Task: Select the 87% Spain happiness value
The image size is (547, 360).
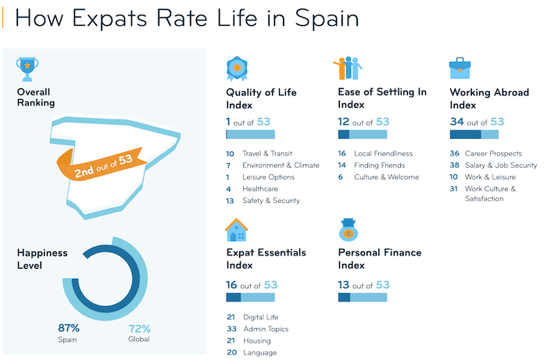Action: click(x=69, y=328)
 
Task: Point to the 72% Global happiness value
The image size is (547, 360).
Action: click(x=139, y=328)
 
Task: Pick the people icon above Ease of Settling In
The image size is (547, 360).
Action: click(x=348, y=69)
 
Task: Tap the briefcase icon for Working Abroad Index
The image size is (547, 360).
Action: click(x=460, y=69)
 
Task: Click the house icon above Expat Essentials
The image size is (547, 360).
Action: click(x=236, y=230)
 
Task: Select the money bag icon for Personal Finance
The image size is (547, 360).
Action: click(x=349, y=230)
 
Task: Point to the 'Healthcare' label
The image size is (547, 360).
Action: click(x=262, y=189)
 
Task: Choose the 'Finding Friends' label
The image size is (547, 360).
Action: click(x=379, y=166)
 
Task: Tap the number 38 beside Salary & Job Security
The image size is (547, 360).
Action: click(x=455, y=166)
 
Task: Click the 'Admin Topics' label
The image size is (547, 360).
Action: click(x=266, y=329)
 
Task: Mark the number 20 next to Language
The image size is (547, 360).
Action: click(x=231, y=352)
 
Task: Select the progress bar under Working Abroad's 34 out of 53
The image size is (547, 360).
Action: click(x=474, y=135)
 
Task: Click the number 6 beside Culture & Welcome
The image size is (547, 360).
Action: click(x=341, y=177)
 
